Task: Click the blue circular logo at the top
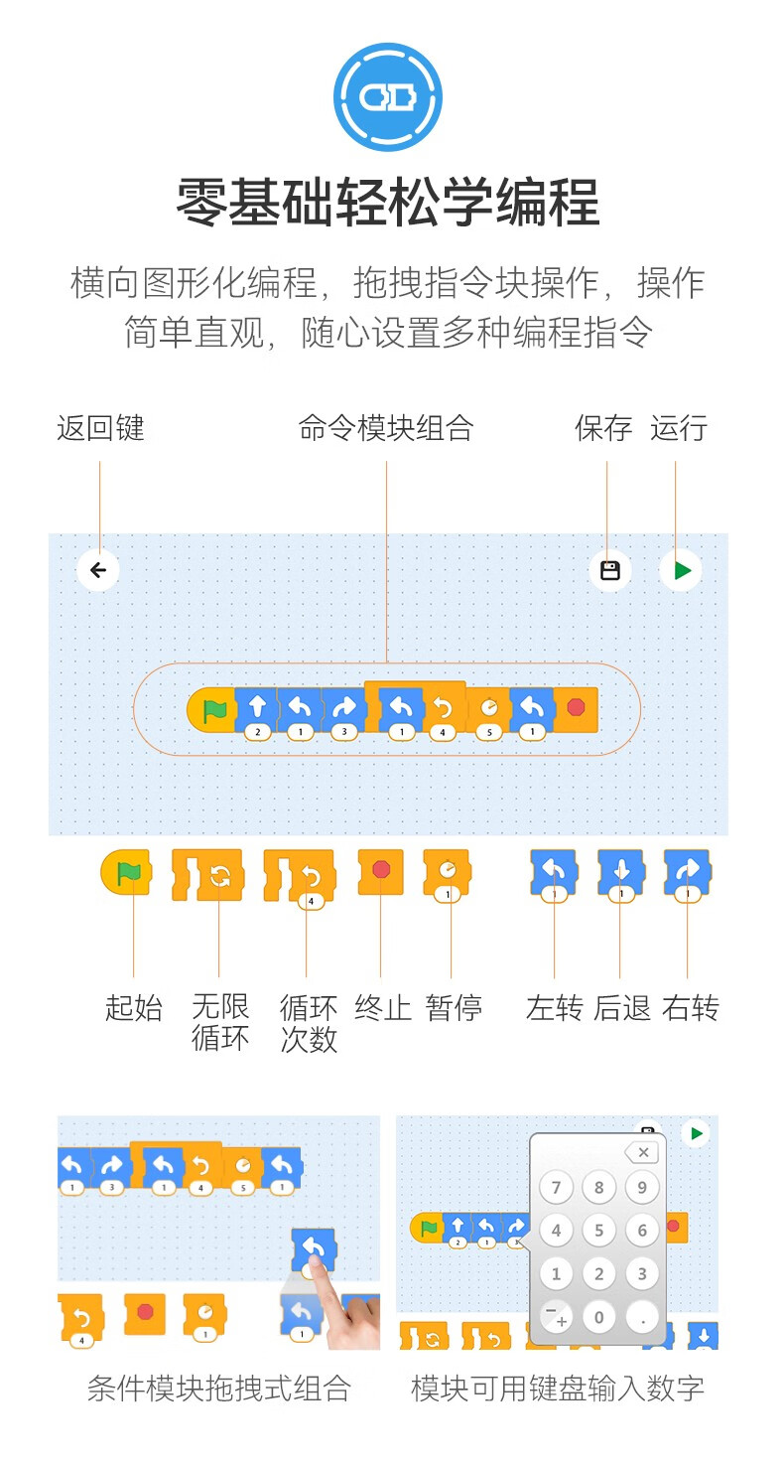click(388, 97)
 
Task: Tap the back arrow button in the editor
click(98, 570)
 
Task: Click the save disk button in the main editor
click(609, 570)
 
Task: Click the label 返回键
click(100, 429)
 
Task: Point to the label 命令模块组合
click(386, 429)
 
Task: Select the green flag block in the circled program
click(210, 710)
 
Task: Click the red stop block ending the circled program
click(576, 709)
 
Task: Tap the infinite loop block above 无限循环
click(207, 875)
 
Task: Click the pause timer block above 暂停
click(447, 874)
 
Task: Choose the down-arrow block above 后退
click(621, 874)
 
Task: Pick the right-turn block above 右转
click(688, 874)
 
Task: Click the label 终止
click(382, 1008)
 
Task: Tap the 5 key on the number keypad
click(598, 1230)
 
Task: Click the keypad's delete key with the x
click(642, 1152)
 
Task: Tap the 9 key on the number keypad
click(642, 1187)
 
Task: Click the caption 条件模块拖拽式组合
click(219, 1389)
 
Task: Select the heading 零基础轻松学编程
click(388, 203)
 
